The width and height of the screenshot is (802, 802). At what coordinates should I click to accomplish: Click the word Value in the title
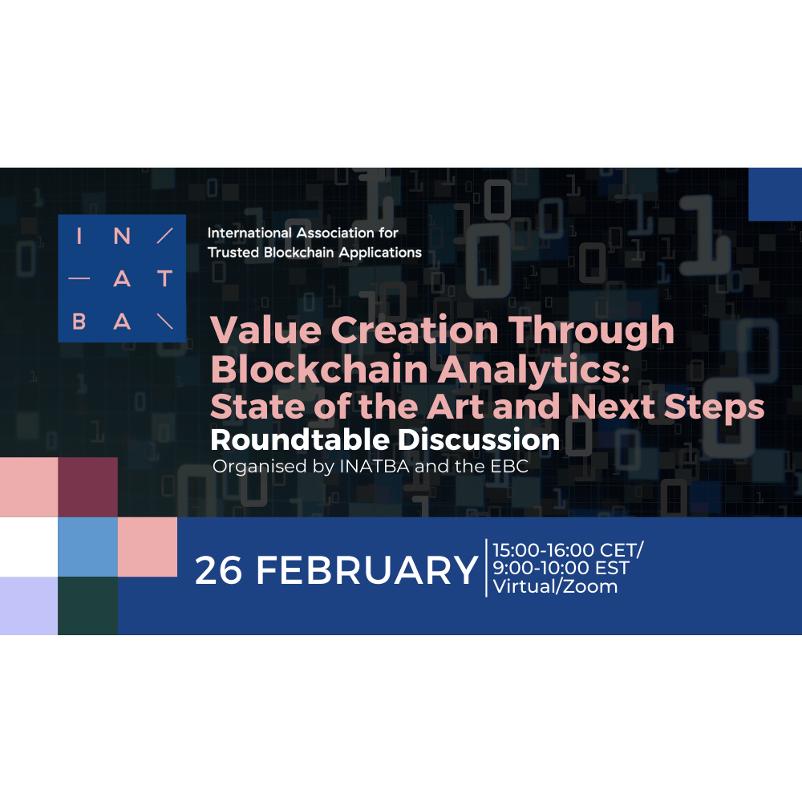(265, 330)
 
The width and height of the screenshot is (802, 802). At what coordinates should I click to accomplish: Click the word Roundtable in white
(300, 439)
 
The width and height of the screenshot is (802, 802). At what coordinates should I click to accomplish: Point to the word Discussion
(479, 439)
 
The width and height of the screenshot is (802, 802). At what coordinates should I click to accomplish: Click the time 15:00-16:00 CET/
(568, 550)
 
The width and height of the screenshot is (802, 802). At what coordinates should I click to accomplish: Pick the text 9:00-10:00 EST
(561, 568)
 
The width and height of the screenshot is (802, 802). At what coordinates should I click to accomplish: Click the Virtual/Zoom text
(555, 586)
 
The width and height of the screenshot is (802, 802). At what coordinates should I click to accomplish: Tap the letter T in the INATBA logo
(164, 279)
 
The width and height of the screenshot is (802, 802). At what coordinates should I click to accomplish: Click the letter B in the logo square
(79, 322)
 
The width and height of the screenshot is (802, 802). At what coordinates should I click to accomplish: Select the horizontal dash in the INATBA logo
(79, 279)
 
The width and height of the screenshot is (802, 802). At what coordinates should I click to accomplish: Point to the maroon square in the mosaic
(88, 487)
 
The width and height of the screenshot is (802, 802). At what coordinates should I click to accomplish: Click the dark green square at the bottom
(88, 606)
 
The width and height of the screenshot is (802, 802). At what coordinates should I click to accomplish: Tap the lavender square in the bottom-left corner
(29, 606)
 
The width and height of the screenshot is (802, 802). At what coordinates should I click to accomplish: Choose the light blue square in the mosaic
(88, 547)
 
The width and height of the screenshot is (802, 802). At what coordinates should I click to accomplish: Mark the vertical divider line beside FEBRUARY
(487, 568)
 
